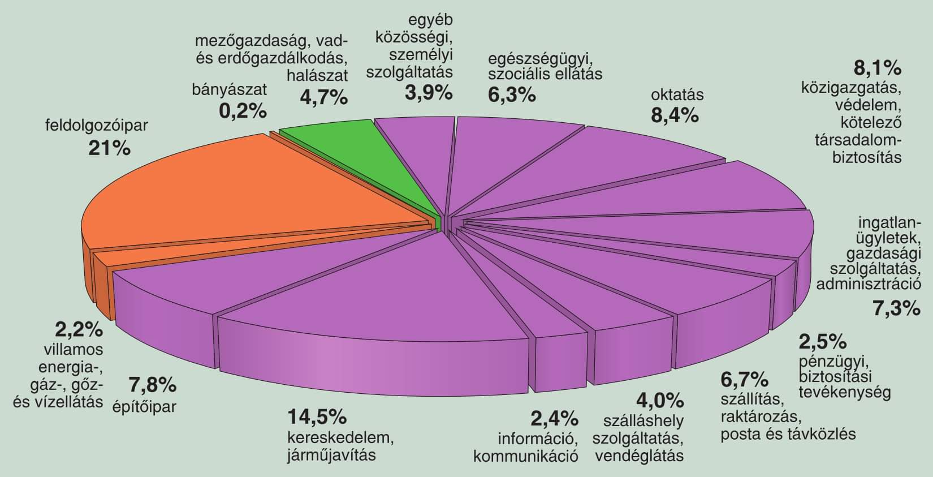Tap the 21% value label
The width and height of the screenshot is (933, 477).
coord(109,148)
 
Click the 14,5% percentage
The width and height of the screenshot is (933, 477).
coord(317,417)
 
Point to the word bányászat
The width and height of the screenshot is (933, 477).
coord(229,89)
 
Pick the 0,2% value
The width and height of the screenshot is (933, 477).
coord(243,110)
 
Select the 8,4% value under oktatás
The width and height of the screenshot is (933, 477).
coord(675,116)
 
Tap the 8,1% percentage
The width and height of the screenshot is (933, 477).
coord(876,68)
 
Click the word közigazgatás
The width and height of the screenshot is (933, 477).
coord(850,88)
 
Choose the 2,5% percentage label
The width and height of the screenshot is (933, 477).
coord(822,341)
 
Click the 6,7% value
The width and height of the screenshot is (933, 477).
coord(744,378)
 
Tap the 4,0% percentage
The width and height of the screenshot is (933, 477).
coord(660,401)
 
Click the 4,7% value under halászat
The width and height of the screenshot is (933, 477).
coord(323,97)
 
